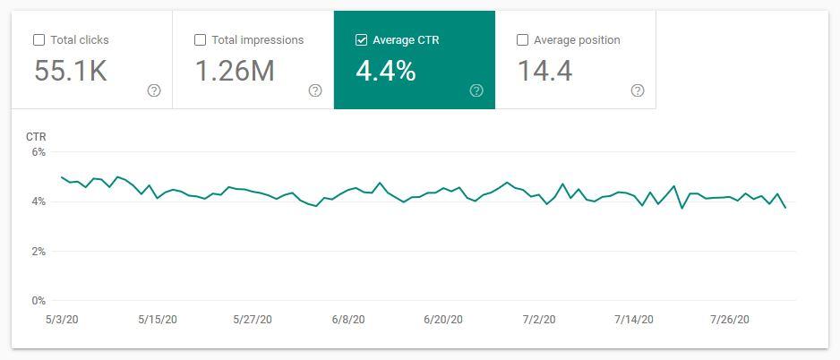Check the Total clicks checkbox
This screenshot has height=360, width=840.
coord(39,40)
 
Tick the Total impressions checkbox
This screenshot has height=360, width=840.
coord(200,40)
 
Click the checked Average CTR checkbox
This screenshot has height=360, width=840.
coord(361,40)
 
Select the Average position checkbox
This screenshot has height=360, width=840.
coord(522,40)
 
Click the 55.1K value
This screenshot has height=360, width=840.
coord(71,72)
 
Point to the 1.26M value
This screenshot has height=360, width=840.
coord(235,72)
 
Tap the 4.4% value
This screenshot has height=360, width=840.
coord(386,72)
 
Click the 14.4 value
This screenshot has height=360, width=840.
coord(545,72)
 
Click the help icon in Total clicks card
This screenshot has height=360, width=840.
coord(154,90)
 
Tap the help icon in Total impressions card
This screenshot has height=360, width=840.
coord(315,90)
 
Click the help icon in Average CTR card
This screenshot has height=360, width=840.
coord(476,90)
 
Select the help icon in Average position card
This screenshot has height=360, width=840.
coord(638,90)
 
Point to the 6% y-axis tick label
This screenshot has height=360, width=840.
coord(38,152)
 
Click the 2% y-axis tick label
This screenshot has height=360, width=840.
coord(38,252)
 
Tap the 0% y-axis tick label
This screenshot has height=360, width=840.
coord(38,301)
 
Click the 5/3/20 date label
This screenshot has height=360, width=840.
coord(62,320)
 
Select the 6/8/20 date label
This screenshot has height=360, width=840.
coord(347,320)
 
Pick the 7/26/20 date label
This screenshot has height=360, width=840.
coord(731,320)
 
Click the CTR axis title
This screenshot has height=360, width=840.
coord(36,137)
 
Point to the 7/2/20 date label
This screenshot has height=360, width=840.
coord(539,320)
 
